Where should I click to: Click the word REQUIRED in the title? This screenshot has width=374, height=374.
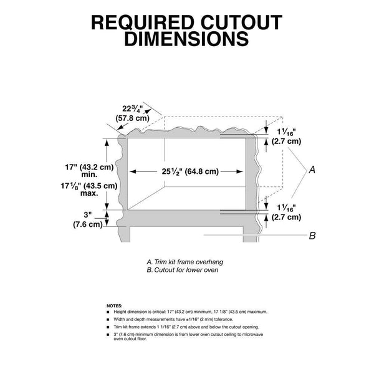tap(142, 22)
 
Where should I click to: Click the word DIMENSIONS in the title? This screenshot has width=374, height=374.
tap(187, 39)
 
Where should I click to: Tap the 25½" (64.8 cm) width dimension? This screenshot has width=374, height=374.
tap(190, 171)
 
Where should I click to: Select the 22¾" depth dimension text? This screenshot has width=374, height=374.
tap(132, 109)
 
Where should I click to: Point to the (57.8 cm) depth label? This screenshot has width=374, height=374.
tap(132, 118)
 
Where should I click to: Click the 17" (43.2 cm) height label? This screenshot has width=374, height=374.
tap(89, 167)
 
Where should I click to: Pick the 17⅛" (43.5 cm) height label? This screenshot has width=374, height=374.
tap(89, 186)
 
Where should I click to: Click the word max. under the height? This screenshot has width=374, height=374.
tap(89, 193)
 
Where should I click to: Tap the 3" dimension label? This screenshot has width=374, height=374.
tap(88, 215)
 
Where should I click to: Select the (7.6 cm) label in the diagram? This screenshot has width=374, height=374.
tap(88, 224)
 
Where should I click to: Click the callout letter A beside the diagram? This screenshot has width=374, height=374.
tap(312, 170)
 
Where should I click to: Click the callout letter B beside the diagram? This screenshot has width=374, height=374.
tap(312, 236)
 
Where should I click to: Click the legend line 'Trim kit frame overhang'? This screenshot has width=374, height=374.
tap(185, 262)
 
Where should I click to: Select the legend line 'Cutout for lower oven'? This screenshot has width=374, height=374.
tap(183, 270)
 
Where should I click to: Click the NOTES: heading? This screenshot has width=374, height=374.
tap(115, 306)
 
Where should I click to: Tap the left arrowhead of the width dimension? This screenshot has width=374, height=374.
tap(133, 171)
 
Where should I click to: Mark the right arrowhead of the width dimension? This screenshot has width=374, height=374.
tap(239, 171)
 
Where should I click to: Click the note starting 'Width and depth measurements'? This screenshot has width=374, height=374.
tap(173, 319)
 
